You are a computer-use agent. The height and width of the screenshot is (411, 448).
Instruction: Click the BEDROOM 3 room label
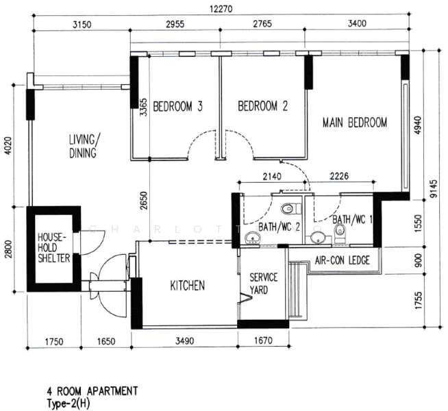[177, 106]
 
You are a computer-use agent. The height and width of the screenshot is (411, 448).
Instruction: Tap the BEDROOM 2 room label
[262, 106]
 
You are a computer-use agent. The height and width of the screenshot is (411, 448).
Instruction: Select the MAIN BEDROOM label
[355, 123]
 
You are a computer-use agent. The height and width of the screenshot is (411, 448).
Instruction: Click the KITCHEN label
[187, 286]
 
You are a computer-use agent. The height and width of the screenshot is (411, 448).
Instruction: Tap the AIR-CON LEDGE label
[342, 260]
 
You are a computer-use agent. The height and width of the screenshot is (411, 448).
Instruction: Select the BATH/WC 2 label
[278, 227]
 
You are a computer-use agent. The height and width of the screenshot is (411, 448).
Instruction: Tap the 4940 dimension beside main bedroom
[417, 127]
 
